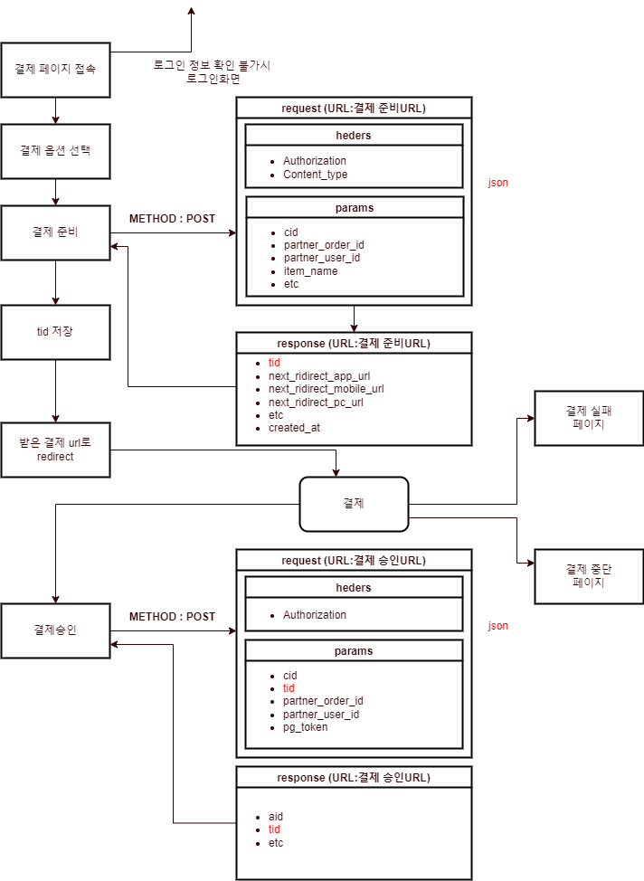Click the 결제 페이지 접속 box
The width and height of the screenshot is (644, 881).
(x=55, y=70)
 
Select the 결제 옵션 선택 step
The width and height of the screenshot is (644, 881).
(x=55, y=151)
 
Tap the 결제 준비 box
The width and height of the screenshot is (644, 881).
(x=55, y=232)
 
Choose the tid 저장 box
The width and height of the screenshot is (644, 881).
(x=55, y=332)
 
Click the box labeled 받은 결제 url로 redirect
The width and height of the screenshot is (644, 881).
(x=55, y=450)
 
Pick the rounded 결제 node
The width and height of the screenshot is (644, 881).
(x=354, y=504)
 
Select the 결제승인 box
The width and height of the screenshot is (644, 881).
(x=55, y=630)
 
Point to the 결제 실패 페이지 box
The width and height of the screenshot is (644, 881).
(x=589, y=418)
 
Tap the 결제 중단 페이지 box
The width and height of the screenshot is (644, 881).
(x=589, y=576)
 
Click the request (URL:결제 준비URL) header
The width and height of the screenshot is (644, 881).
(x=354, y=108)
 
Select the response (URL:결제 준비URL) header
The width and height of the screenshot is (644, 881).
(x=354, y=343)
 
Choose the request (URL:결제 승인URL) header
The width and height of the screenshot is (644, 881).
(x=354, y=560)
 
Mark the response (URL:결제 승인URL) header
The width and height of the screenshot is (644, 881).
(x=354, y=777)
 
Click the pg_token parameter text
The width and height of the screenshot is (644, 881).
(x=305, y=727)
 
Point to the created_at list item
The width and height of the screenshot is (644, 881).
(x=294, y=428)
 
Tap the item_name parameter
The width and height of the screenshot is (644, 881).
(x=310, y=271)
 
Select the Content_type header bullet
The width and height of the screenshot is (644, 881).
(x=315, y=175)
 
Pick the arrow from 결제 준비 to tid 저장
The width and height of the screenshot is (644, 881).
(x=55, y=282)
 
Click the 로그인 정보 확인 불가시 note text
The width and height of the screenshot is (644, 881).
(x=211, y=66)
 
